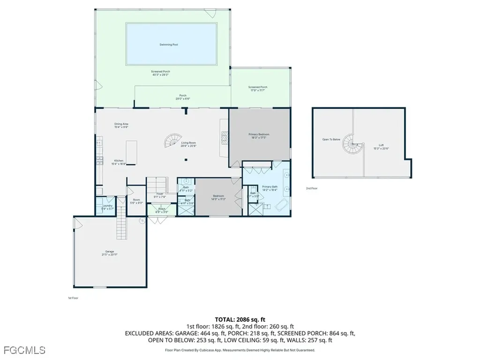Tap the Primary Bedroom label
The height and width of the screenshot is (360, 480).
pyautogui.click(x=259, y=134)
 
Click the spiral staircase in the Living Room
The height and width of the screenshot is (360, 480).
pyautogui.click(x=171, y=140)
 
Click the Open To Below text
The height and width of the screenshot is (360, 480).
pyautogui.click(x=331, y=139)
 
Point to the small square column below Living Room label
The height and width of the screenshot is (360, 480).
pyautogui.click(x=186, y=160)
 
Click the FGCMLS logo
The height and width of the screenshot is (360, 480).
pyautogui.click(x=24, y=350)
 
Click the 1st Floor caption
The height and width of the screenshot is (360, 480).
pyautogui.click(x=74, y=298)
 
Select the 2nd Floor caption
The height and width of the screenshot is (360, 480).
pyautogui.click(x=312, y=188)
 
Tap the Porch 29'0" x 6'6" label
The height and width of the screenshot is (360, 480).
pyautogui.click(x=182, y=97)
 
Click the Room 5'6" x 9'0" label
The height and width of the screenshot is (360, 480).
pyautogui.click(x=136, y=201)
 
